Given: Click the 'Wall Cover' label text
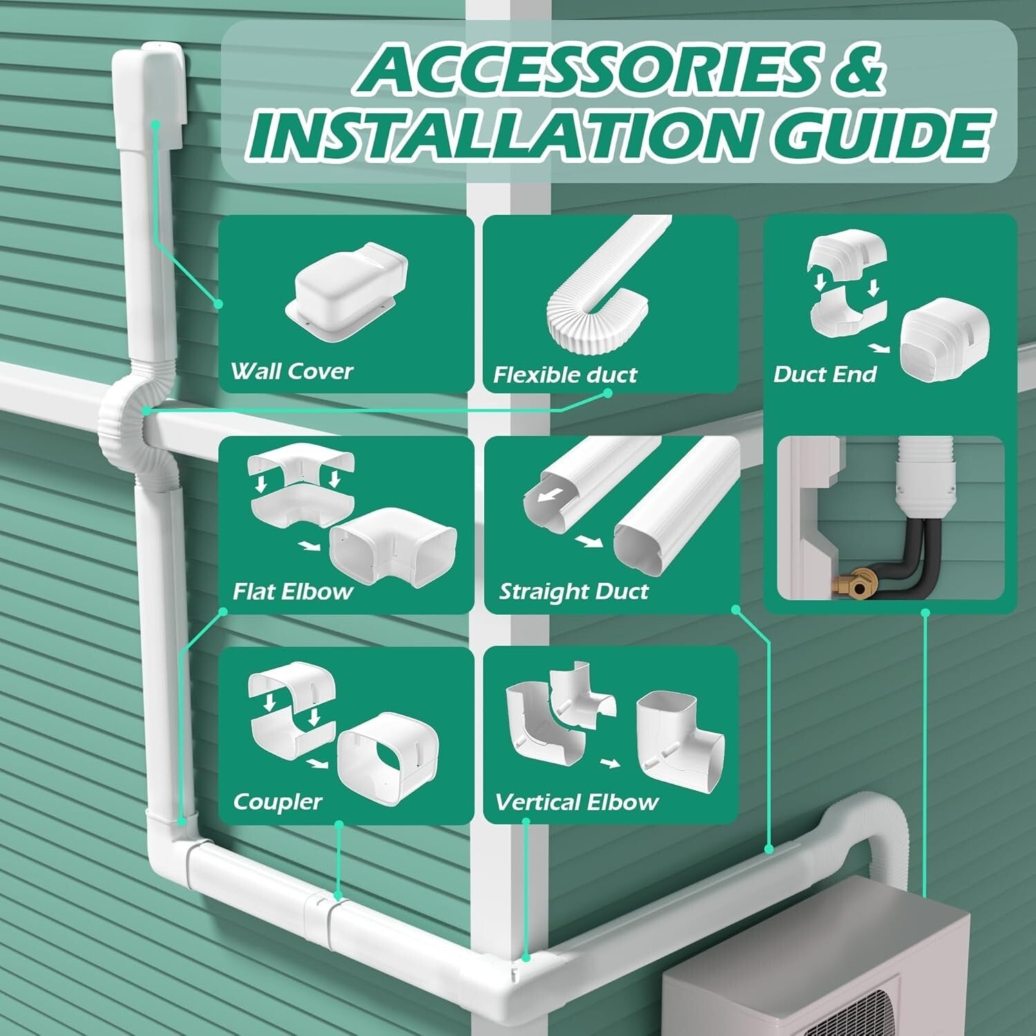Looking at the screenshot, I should [291, 372].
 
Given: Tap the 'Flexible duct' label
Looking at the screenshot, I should [564, 375].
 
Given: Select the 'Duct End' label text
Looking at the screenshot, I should [825, 374].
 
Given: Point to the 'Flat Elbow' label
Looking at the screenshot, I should [292, 592].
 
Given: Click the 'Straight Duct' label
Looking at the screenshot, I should [573, 592].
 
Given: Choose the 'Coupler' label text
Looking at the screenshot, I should [277, 802].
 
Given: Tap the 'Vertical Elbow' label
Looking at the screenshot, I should [576, 803].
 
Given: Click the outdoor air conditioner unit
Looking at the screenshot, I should [815, 967].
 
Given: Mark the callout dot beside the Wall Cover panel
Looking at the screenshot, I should [218, 303].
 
